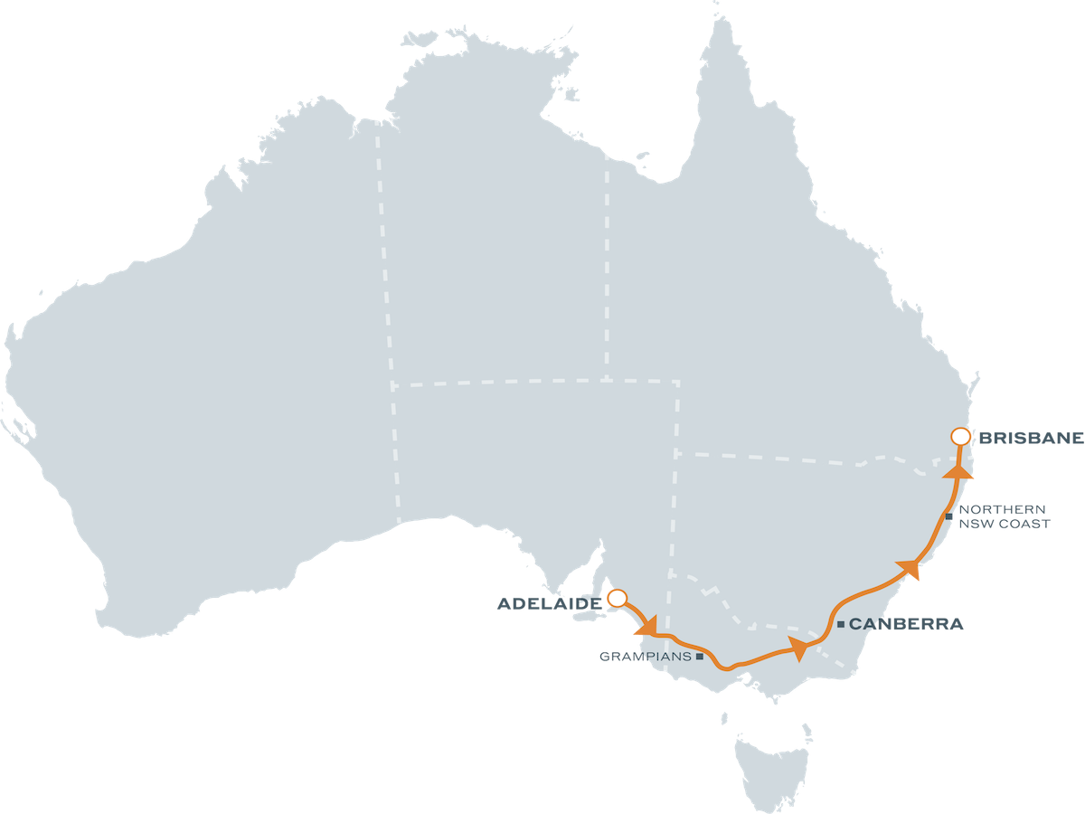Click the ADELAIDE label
(x=549, y=603)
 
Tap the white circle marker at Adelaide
(x=618, y=598)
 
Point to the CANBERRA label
(x=906, y=624)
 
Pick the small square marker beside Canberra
(x=841, y=624)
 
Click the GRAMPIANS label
(x=646, y=658)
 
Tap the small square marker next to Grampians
(x=700, y=658)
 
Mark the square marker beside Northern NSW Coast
(x=948, y=516)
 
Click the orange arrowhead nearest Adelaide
(x=646, y=626)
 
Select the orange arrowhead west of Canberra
(x=798, y=647)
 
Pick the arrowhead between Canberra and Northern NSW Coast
(x=910, y=569)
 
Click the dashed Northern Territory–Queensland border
(x=607, y=271)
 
